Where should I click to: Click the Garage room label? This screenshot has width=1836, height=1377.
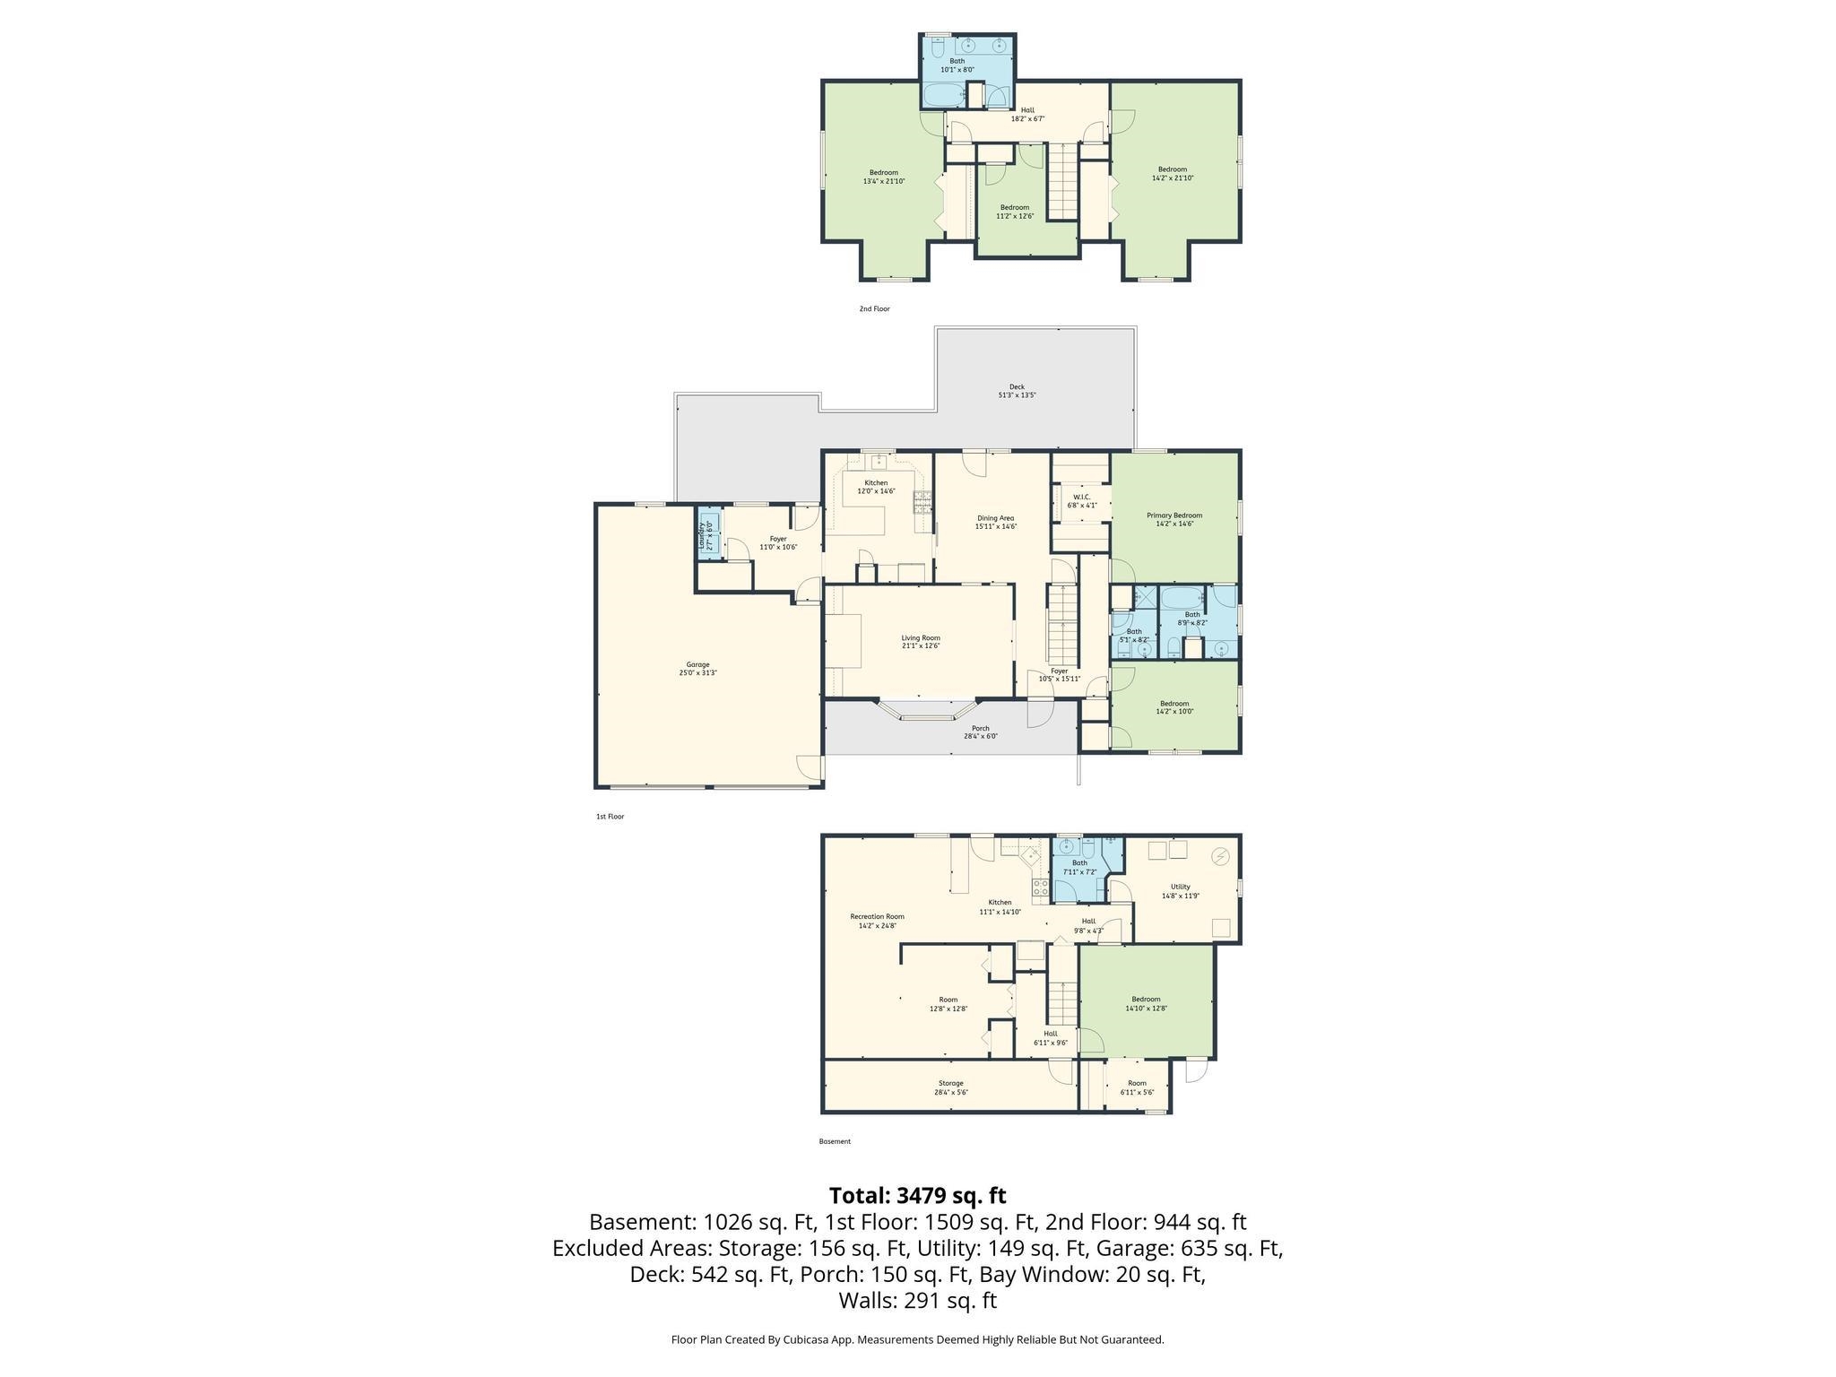click(697, 669)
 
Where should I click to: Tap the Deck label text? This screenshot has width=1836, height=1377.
click(1017, 391)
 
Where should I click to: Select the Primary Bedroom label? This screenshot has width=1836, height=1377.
click(1174, 519)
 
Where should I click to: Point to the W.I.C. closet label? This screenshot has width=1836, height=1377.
click(1081, 500)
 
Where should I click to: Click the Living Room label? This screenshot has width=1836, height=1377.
click(921, 642)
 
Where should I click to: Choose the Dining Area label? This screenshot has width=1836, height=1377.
click(995, 522)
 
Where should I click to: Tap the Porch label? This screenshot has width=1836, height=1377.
click(981, 732)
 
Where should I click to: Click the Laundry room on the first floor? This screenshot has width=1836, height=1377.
click(708, 536)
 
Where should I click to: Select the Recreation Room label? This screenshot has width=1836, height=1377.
click(877, 921)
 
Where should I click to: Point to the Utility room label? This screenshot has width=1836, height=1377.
click(1180, 890)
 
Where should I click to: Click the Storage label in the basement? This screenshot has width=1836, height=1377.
click(950, 1087)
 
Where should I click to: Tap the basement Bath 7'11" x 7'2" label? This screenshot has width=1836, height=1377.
click(1079, 867)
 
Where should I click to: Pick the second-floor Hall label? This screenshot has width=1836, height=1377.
click(1027, 114)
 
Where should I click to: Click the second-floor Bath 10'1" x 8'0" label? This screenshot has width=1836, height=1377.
click(957, 65)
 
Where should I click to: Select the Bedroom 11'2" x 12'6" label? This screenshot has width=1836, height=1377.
click(1015, 211)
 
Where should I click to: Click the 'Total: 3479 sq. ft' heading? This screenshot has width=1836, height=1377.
click(917, 1195)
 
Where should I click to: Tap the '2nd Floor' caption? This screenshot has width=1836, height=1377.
click(874, 308)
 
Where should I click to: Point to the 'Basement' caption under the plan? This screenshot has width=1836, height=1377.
click(835, 1141)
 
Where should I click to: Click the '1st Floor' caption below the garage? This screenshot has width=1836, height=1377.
click(610, 817)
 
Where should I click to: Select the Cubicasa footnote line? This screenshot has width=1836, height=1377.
click(917, 1339)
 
